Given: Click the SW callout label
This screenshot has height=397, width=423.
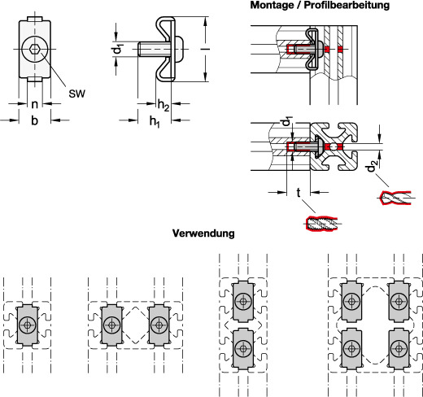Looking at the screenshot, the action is (x=76, y=94).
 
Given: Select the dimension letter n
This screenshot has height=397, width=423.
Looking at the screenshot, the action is (x=34, y=104).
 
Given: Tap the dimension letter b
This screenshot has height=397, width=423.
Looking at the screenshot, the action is (x=34, y=120).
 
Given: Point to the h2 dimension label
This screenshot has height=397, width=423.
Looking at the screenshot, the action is (x=164, y=105).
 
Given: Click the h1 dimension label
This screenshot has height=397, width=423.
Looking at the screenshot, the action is (x=155, y=121).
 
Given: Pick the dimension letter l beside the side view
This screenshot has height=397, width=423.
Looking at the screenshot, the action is (x=205, y=49).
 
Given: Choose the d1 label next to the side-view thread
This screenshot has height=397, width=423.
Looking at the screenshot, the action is (x=118, y=49).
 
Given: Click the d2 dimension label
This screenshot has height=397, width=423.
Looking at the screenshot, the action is (x=372, y=166).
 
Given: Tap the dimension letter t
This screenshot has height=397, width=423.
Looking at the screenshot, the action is (x=299, y=193).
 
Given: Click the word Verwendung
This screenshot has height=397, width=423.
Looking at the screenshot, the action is (x=203, y=233).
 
